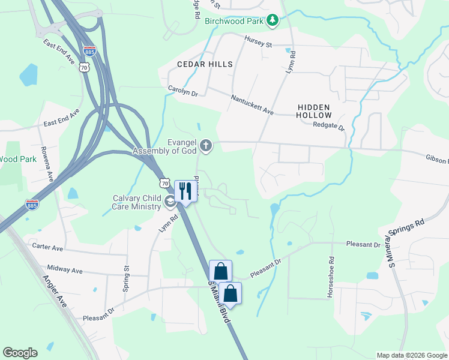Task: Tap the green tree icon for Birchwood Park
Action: (x=273, y=20)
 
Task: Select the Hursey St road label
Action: (x=258, y=41)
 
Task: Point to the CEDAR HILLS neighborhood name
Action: (x=203, y=64)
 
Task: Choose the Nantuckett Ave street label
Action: (x=252, y=104)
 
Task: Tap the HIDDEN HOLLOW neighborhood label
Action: (x=314, y=110)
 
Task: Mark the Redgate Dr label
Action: (x=329, y=126)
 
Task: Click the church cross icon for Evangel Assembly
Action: (x=206, y=146)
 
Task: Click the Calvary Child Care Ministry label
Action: (x=137, y=202)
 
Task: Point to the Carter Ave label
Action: (x=47, y=247)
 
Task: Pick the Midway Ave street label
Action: (x=65, y=271)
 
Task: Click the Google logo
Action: (x=20, y=352)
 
